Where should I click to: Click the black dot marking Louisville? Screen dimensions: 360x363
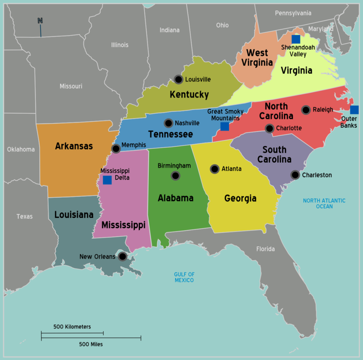[x=178, y=79]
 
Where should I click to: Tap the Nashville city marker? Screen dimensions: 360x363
[x=168, y=123]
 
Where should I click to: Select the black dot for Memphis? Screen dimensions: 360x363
[x=116, y=149]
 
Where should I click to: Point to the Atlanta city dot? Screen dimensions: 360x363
[x=214, y=169]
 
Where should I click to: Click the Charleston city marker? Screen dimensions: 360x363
[x=295, y=175]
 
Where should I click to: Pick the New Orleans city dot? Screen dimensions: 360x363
[x=122, y=256]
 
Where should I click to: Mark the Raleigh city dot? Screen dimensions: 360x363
[x=306, y=110]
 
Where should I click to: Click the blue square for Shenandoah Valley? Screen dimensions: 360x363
[x=296, y=39]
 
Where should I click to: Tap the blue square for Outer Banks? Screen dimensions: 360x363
[x=354, y=110]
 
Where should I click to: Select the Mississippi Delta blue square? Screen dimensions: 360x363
[x=107, y=180]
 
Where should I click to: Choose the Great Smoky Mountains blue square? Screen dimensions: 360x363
[x=224, y=127]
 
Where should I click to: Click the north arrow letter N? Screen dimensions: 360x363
[x=40, y=21]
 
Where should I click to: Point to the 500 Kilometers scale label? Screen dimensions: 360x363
[x=72, y=327]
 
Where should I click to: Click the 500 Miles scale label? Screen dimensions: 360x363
[x=91, y=344]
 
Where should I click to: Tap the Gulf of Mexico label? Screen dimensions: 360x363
[x=184, y=277]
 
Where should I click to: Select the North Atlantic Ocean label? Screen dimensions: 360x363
[x=324, y=203]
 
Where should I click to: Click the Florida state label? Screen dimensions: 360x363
[x=266, y=249]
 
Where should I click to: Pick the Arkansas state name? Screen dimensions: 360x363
[x=74, y=146]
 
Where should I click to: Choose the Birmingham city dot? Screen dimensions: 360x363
[x=175, y=176]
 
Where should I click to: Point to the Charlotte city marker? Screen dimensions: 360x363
[x=269, y=128]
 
